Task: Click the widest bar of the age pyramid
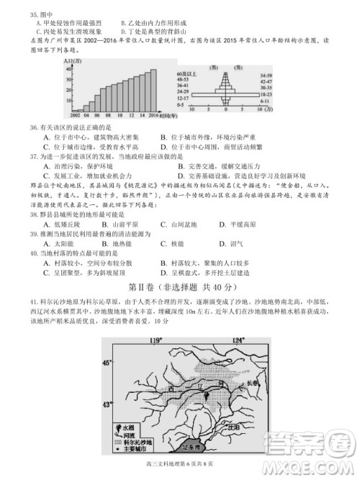228,94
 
